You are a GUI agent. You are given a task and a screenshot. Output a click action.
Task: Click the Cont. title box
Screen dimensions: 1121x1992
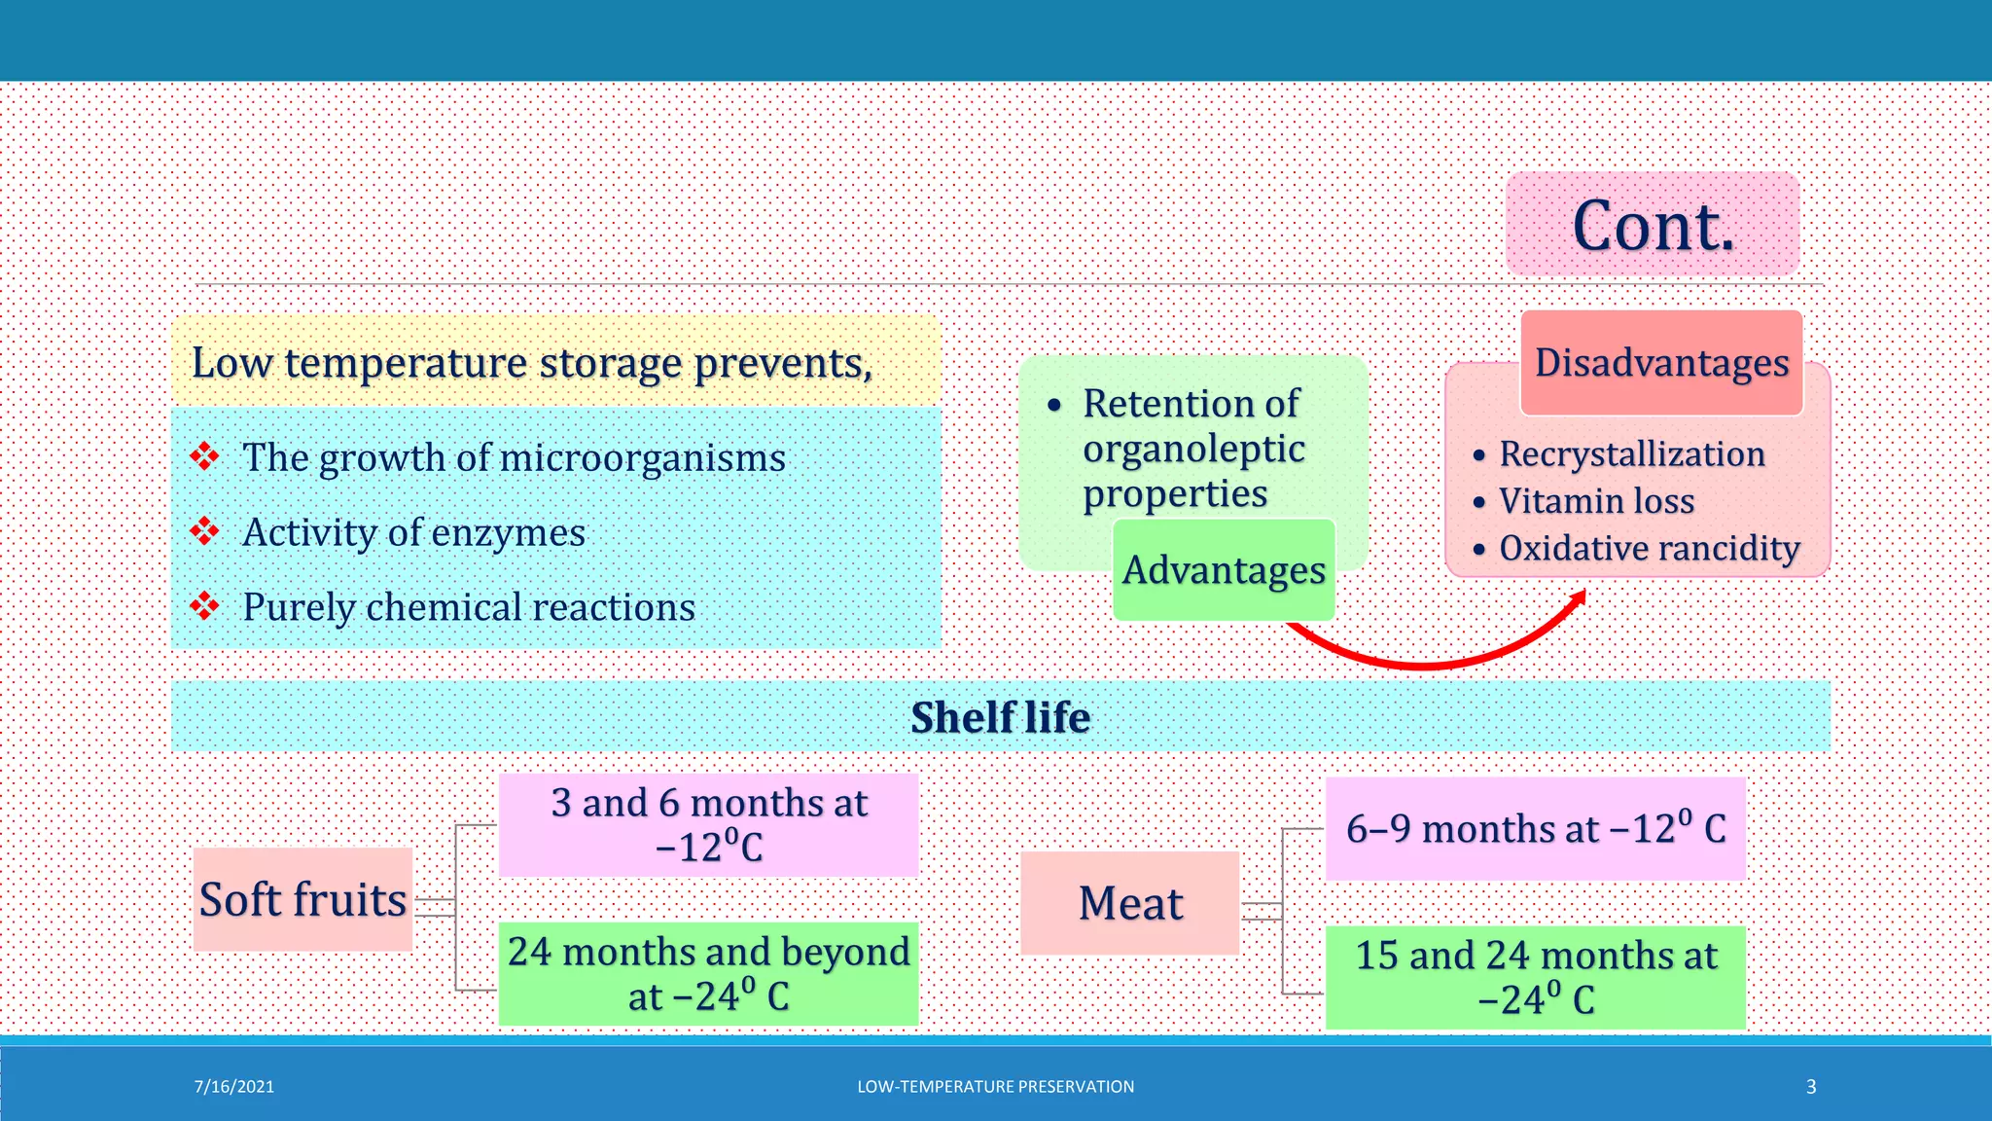point(1652,225)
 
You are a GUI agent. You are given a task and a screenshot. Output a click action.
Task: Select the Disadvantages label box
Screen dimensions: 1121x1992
point(1661,363)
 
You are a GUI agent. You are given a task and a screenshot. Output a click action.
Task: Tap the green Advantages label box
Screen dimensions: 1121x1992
point(1224,570)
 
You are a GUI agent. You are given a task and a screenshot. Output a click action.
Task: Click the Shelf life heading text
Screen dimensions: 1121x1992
point(1000,717)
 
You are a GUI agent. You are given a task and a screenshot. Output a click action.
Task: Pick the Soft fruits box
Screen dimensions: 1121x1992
point(302,899)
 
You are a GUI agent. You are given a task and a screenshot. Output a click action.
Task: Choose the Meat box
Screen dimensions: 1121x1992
point(1130,903)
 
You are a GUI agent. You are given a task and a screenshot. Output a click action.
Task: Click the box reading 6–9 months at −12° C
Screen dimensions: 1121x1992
point(1535,829)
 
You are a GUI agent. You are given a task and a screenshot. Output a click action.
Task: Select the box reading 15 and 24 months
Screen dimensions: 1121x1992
point(1535,977)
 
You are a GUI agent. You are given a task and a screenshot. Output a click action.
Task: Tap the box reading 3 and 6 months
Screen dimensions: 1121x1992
point(708,824)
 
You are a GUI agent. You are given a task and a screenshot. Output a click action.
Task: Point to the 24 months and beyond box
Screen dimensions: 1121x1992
point(708,973)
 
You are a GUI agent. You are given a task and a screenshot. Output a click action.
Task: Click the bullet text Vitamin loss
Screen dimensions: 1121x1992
point(1596,501)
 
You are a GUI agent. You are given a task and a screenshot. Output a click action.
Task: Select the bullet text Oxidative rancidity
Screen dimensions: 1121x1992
point(1649,548)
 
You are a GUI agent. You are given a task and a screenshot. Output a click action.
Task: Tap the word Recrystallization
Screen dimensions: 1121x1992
point(1631,454)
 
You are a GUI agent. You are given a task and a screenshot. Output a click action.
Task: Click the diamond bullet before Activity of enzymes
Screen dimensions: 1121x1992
point(204,531)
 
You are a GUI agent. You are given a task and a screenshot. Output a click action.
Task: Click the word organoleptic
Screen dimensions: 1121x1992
point(1193,449)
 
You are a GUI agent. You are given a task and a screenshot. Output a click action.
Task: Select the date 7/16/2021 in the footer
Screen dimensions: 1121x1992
point(233,1087)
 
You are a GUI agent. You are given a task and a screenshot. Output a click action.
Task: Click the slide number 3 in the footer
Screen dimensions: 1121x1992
point(1810,1087)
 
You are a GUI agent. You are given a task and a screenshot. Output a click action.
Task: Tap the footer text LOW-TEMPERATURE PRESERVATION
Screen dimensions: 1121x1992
point(995,1087)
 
